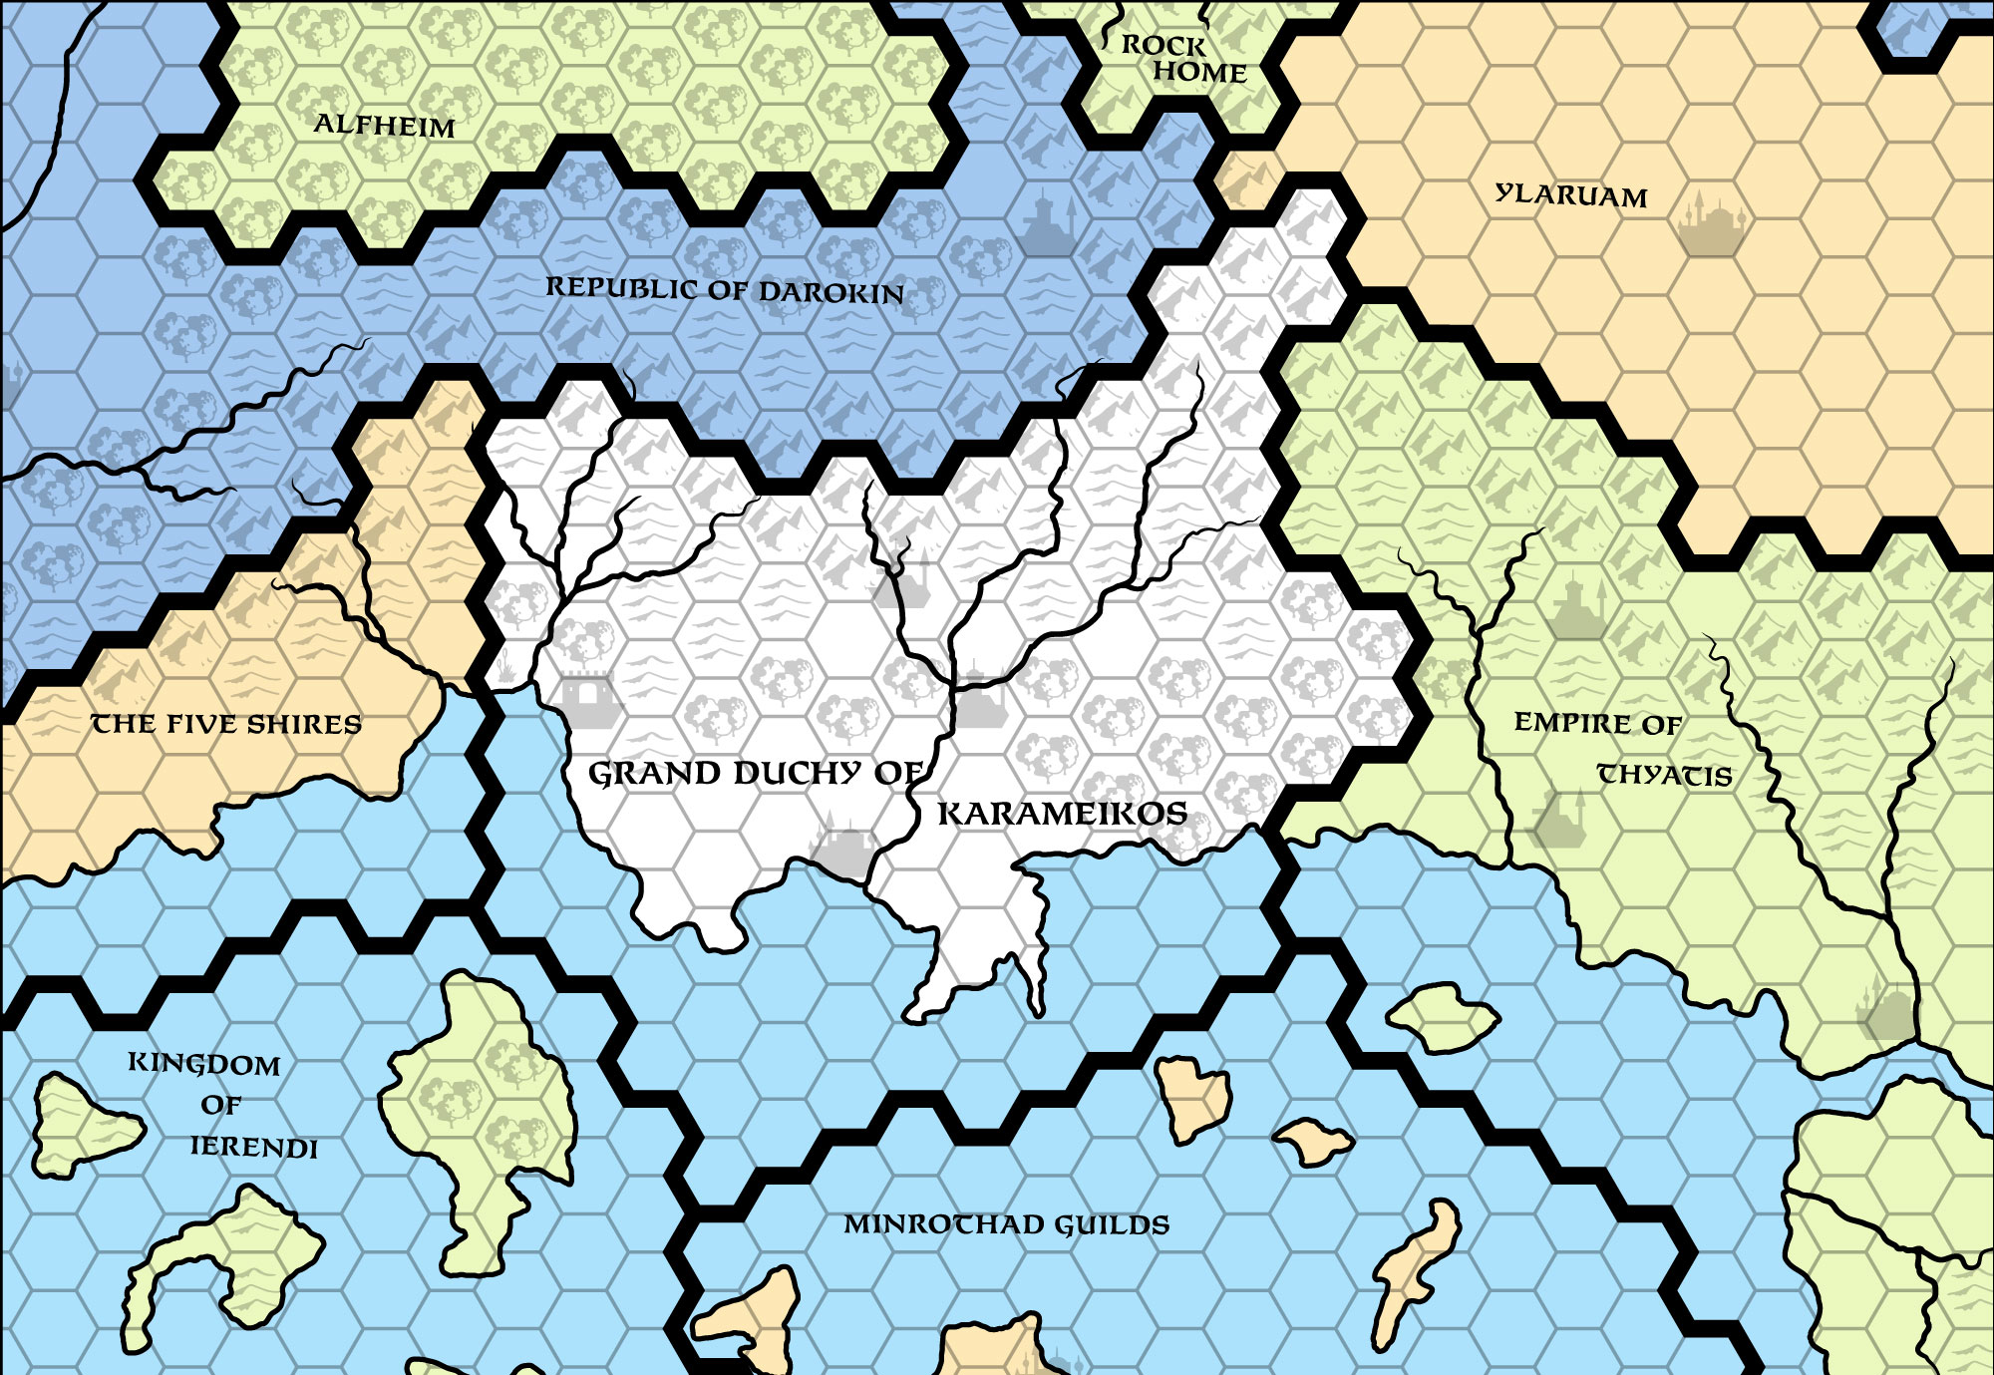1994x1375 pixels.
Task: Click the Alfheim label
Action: coord(384,126)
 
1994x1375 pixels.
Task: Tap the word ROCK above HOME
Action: coord(1163,45)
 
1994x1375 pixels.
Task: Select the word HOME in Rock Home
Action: coord(1200,72)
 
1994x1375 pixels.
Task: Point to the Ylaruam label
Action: coord(1571,194)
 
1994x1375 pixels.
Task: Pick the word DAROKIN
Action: coord(831,292)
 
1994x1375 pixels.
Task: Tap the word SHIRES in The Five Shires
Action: coord(304,724)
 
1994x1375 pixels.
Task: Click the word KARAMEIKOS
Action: coord(1062,814)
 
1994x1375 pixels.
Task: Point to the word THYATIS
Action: coord(1664,775)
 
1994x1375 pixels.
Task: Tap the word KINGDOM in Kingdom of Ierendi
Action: coord(204,1064)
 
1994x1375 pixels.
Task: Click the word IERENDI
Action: coord(253,1147)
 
